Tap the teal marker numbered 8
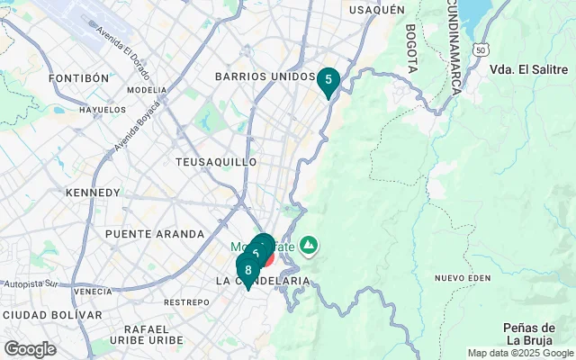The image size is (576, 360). point(247,269)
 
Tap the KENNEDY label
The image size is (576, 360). point(93,193)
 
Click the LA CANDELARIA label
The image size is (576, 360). point(263,282)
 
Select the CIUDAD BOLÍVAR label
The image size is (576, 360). point(52,315)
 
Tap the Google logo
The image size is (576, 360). point(30,349)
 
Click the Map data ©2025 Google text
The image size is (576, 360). point(519,353)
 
